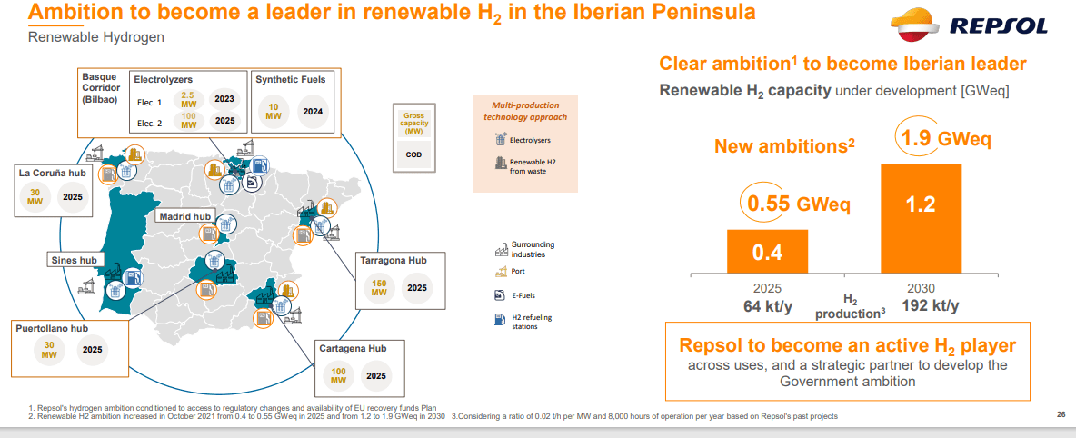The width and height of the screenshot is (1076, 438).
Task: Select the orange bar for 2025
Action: (767, 252)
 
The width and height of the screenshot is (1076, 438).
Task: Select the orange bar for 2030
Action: (921, 218)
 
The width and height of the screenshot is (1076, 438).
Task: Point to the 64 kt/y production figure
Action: (767, 306)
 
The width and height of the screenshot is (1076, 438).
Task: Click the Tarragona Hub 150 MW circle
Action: (379, 288)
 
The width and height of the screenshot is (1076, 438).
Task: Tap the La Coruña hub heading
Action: (54, 172)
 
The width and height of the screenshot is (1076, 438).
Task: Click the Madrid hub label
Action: (184, 216)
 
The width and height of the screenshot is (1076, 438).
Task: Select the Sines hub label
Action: (73, 261)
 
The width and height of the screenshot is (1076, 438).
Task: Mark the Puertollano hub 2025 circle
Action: (92, 349)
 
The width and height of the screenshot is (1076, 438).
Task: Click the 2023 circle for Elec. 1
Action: (224, 99)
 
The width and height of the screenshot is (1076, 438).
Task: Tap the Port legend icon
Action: (499, 271)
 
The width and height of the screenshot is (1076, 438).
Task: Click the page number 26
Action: (1061, 415)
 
